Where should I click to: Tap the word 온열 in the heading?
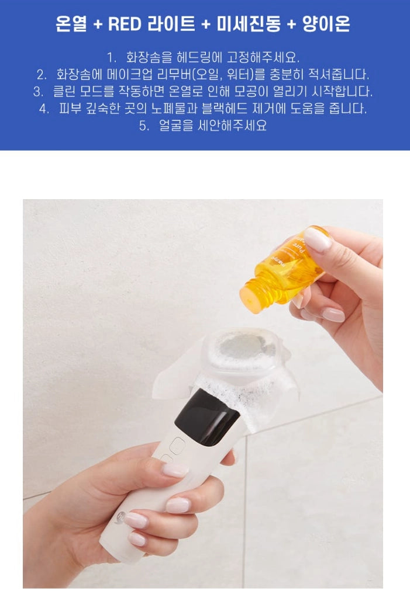pos(71,24)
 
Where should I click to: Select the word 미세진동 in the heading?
pos(249,24)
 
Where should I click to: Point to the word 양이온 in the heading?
pos(326,24)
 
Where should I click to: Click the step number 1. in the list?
pos(112,58)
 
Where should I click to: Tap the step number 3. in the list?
pos(38,92)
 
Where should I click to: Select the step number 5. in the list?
pos(144,126)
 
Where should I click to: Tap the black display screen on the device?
pos(207,416)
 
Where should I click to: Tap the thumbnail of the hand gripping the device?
pos(175,470)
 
